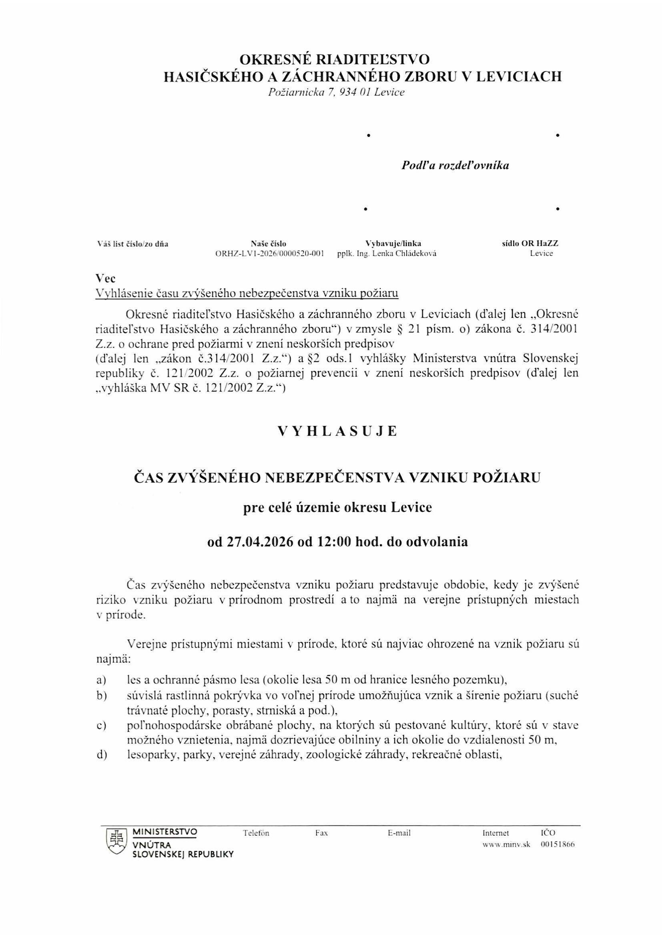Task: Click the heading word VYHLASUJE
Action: (337, 432)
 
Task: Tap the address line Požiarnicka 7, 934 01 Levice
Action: (336, 93)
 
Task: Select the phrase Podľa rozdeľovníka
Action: (455, 165)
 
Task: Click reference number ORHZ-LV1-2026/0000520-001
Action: (269, 254)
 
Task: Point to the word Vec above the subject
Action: (106, 279)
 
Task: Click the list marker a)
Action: (101, 680)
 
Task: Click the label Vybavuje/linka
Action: (393, 244)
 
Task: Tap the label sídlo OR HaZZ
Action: (530, 244)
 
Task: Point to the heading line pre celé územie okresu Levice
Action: (337, 508)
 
